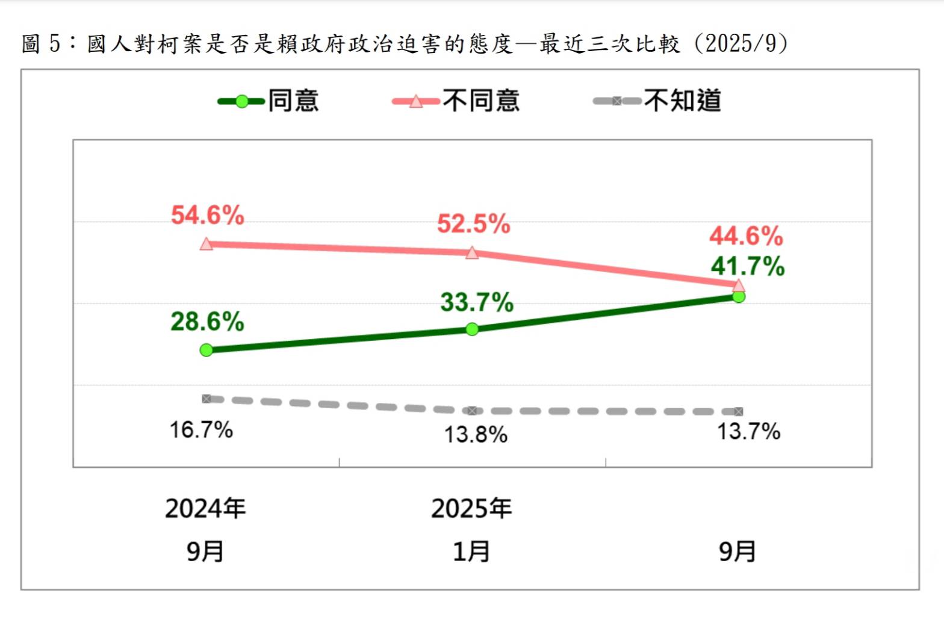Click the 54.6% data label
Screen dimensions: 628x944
click(207, 215)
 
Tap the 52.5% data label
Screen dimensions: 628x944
click(473, 224)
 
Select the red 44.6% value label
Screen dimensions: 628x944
click(746, 235)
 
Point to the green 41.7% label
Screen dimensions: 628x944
click(747, 266)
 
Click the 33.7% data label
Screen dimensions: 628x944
click(477, 302)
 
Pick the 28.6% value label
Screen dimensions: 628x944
click(207, 322)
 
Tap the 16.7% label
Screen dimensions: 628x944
click(201, 430)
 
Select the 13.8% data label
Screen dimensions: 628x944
click(476, 434)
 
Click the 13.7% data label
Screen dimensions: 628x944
click(748, 431)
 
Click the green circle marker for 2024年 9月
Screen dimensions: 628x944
click(206, 350)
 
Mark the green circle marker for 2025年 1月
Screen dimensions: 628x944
click(473, 329)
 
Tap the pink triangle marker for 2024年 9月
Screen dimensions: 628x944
click(206, 244)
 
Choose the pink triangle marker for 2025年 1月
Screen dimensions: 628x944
click(473, 252)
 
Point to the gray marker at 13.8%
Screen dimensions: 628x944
click(473, 411)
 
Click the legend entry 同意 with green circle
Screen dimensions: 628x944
click(269, 101)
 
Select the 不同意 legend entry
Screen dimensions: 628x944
click(456, 101)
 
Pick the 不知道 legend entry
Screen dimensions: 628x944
click(657, 101)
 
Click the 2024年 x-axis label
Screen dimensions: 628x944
click(205, 509)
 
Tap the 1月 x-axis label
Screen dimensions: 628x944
click(471, 552)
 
